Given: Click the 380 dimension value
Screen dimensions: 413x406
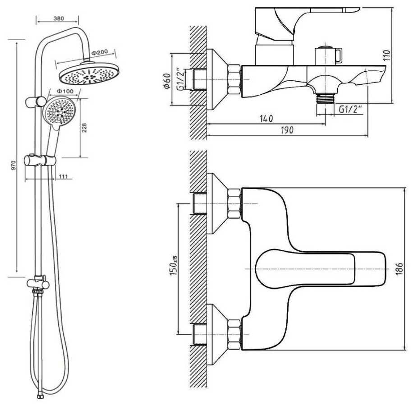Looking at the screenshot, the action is pos(59,18).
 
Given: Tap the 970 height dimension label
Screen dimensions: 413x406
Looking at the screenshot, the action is pos(14,165).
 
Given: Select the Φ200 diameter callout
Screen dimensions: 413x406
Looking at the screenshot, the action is pos(100,52).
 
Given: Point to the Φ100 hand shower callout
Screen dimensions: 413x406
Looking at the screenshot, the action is pos(65,91).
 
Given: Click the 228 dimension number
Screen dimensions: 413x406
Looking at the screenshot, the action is pos(84,128).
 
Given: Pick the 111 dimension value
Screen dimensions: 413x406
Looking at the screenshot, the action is pos(63,176).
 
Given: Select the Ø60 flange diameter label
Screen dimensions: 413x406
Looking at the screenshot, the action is pos(167,81).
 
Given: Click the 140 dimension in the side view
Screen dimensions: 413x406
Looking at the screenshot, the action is pos(266,119).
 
